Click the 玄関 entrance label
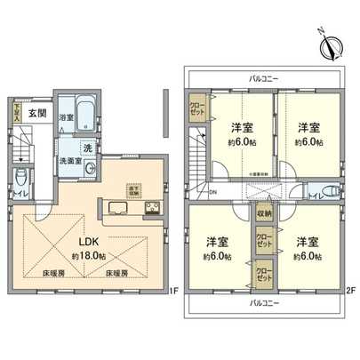(x=36, y=113)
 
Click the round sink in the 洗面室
(x=90, y=171)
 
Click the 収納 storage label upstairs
(x=265, y=214)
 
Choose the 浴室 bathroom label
(x=66, y=116)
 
